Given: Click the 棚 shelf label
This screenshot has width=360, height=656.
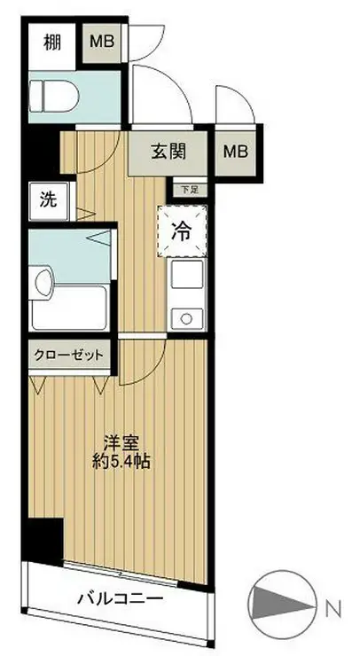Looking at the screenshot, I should click(x=52, y=42).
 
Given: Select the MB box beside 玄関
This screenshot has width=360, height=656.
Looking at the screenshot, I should click(x=236, y=152).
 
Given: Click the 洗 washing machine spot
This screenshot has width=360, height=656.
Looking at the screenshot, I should click(x=46, y=199).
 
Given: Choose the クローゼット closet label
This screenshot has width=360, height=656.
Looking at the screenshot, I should click(x=69, y=355).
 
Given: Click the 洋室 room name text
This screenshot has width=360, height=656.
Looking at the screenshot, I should click(x=116, y=440).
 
